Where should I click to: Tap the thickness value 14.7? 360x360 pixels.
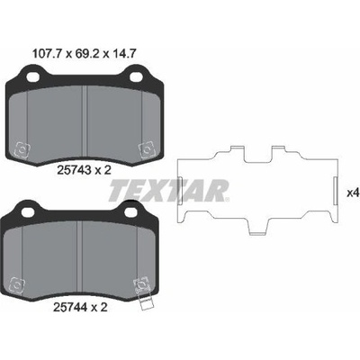(x=124, y=54)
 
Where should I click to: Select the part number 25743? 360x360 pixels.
(x=74, y=170)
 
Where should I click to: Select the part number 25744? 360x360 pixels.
(x=70, y=307)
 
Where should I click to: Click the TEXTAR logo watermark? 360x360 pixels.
(x=169, y=191)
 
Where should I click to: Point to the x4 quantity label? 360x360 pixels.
(x=353, y=193)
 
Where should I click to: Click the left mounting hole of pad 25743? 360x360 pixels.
(x=32, y=77)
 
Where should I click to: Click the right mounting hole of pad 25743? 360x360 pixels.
(x=136, y=77)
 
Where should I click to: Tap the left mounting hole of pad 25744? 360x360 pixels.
(x=29, y=212)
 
